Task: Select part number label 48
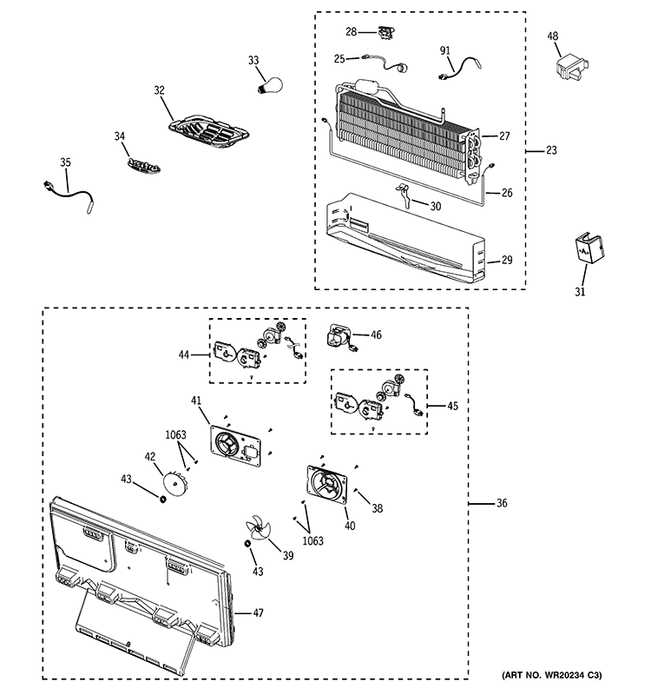point(553,36)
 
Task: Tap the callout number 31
point(579,292)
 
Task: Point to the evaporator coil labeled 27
point(399,130)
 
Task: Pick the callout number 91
point(445,51)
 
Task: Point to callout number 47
point(259,612)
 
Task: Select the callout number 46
point(376,334)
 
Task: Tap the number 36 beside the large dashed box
point(502,504)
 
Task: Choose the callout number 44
point(183,354)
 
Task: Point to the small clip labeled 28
point(380,35)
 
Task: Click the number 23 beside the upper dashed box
point(551,150)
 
